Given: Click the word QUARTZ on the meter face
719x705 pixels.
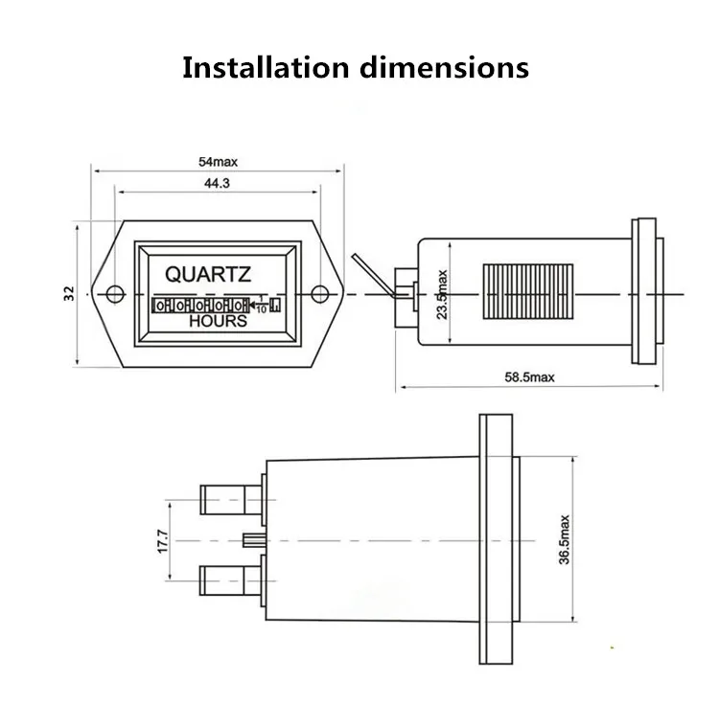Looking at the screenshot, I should [208, 274].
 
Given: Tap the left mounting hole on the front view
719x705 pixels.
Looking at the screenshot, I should [114, 293].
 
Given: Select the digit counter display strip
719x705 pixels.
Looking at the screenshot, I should [216, 306].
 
